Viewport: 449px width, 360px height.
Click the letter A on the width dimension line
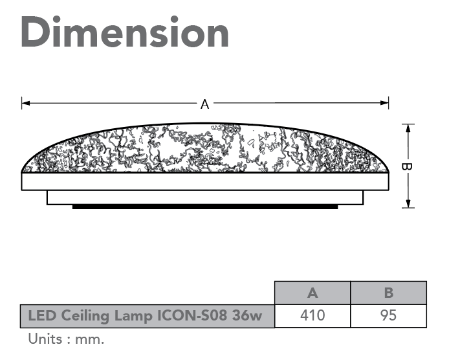(204, 104)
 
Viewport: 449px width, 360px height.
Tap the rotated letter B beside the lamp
(406, 166)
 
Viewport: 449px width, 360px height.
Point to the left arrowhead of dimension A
(25, 103)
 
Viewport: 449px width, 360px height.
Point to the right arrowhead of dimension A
(384, 103)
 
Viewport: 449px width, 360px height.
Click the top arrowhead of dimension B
(408, 128)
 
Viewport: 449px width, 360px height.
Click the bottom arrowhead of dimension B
(408, 203)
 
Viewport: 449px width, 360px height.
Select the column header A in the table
(312, 293)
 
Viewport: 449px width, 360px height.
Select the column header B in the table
(389, 293)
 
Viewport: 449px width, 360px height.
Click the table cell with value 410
(312, 315)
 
